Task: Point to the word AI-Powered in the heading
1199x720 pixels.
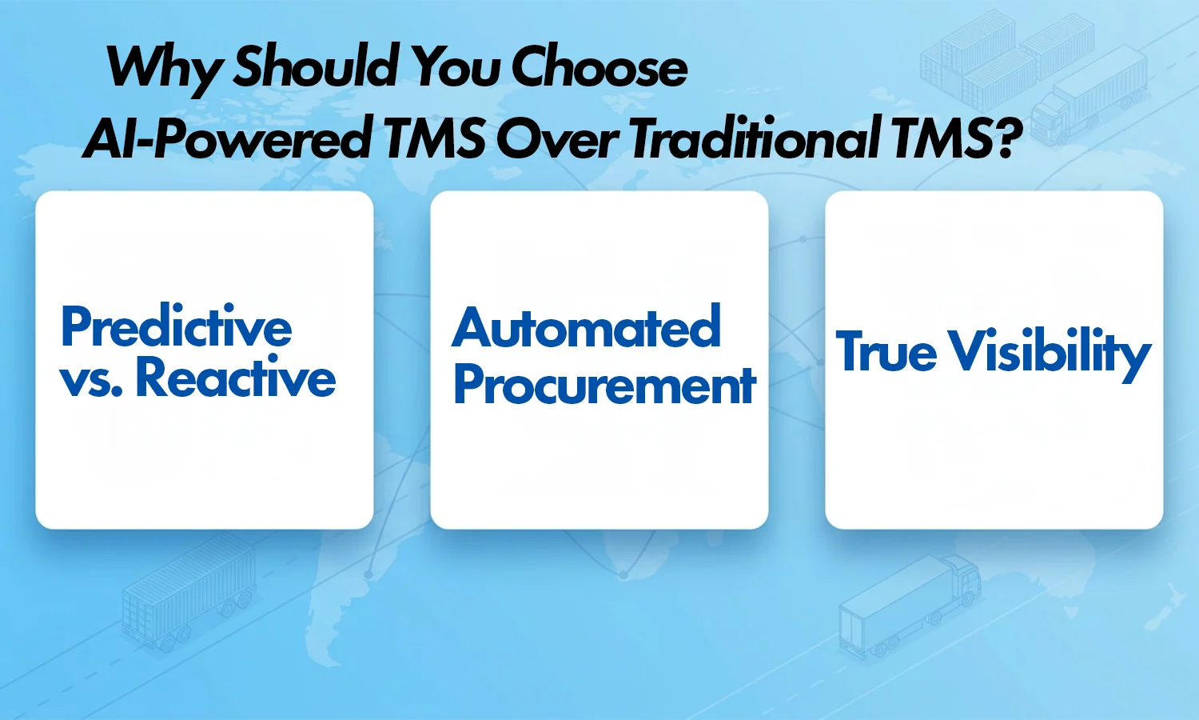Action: point(227,138)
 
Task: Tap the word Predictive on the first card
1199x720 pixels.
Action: point(177,328)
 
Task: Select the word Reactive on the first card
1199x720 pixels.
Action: point(236,378)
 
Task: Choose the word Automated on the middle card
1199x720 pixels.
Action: point(587,328)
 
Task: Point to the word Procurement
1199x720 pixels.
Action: point(604,386)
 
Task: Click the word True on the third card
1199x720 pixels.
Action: point(886,352)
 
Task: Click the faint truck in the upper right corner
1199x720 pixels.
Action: point(1091,88)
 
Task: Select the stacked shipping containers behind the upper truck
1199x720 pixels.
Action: point(991,56)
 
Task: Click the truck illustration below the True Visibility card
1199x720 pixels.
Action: point(911,604)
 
